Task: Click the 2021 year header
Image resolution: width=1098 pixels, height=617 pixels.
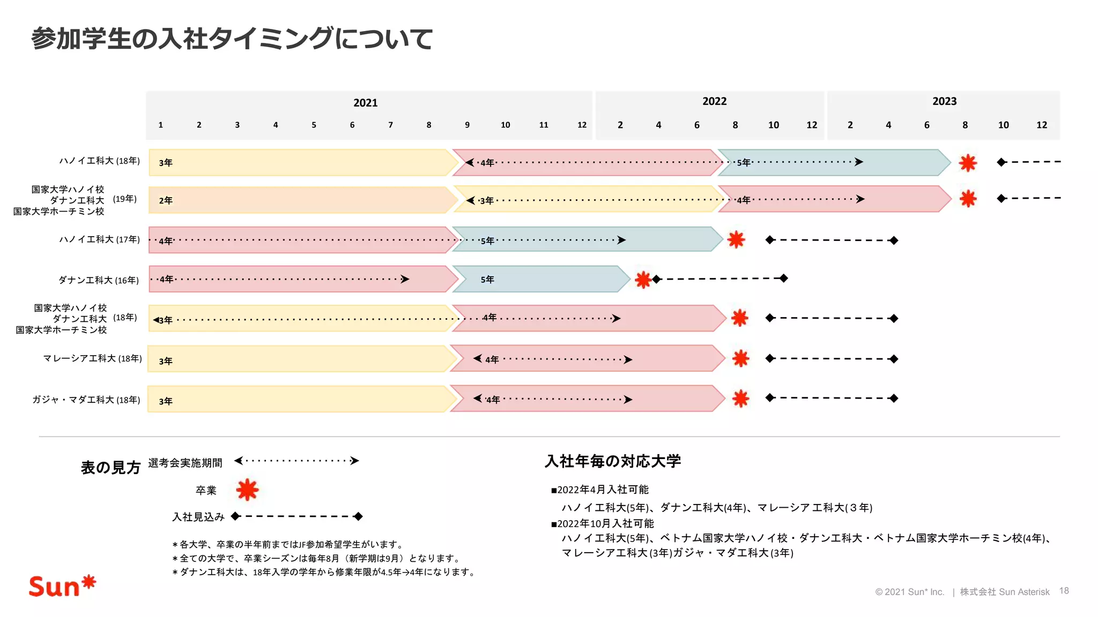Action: point(365,103)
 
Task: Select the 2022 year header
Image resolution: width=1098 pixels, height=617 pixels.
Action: point(714,101)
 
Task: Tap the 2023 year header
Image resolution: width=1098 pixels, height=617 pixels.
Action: point(944,101)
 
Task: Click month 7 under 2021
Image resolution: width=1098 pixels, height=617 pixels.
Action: point(390,125)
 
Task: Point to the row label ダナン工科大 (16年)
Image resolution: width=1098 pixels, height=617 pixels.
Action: point(99,280)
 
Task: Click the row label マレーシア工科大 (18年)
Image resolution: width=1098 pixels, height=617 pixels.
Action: point(92,358)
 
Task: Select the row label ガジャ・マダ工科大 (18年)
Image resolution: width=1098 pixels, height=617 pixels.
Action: point(86,400)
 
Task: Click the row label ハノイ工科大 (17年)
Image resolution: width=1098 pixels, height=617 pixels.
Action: point(99,239)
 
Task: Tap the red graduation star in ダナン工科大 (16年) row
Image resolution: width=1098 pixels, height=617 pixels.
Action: point(642,279)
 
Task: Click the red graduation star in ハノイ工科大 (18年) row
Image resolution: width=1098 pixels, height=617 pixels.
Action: point(968,162)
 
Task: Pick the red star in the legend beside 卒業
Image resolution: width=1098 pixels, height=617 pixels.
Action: point(247,490)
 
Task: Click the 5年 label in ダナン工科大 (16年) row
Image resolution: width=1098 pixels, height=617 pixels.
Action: point(487,280)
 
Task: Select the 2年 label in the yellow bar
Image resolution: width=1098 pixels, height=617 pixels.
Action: point(166,200)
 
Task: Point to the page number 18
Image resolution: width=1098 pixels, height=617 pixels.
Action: point(1064,591)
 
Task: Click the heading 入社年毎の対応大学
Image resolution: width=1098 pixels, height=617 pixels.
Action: point(613,461)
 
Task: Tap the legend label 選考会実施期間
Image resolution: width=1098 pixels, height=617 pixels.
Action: point(185,463)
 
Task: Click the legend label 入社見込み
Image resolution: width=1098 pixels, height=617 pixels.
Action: point(198,517)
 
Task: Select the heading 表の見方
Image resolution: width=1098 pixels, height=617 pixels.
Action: point(110,468)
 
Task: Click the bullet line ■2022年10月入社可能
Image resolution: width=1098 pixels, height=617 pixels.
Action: point(603,523)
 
